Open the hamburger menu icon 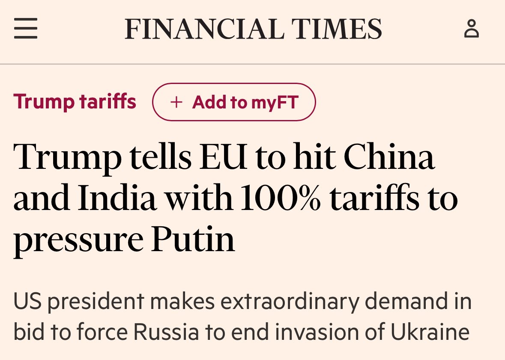click(26, 29)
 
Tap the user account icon click(472, 29)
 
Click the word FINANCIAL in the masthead click(203, 29)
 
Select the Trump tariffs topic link click(75, 102)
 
